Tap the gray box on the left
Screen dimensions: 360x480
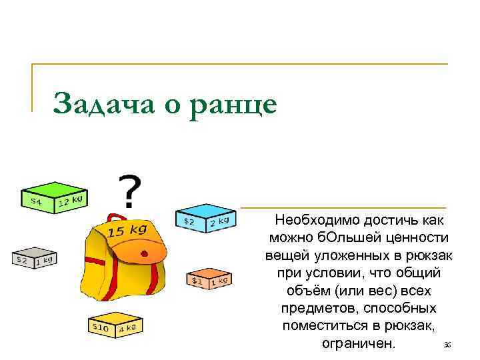[x=33, y=256]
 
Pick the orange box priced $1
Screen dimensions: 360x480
[x=209, y=279]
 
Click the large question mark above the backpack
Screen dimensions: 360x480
[x=131, y=191]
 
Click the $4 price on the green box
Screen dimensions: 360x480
[x=35, y=201]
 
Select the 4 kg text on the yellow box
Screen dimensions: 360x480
[x=127, y=328]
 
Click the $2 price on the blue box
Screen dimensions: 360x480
[x=189, y=221]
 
